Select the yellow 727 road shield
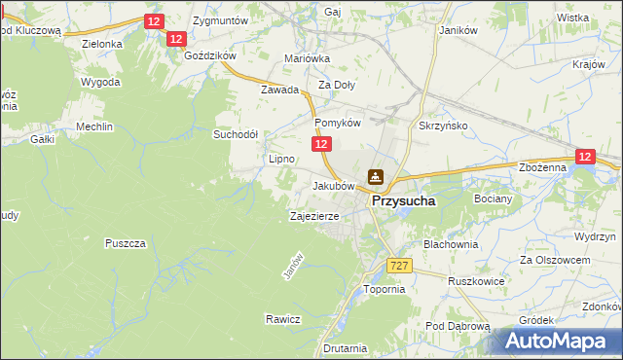click(x=398, y=266)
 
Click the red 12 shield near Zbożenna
click(x=585, y=156)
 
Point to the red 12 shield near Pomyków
click(x=322, y=144)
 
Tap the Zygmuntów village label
click(x=221, y=19)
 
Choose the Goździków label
click(x=209, y=55)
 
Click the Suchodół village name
click(x=236, y=134)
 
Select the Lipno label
click(x=281, y=158)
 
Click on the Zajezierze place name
click(x=314, y=216)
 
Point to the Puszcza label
click(x=126, y=242)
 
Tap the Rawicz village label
click(x=282, y=318)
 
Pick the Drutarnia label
click(x=346, y=347)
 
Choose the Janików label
click(x=458, y=30)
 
